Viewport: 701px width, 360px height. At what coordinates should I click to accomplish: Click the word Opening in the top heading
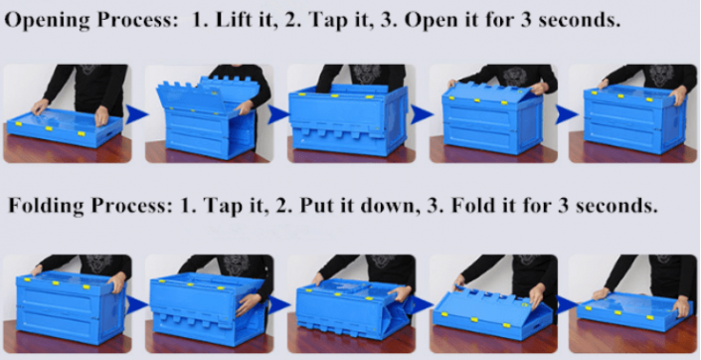(46, 20)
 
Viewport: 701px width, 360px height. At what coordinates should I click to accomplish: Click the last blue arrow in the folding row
(560, 303)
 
